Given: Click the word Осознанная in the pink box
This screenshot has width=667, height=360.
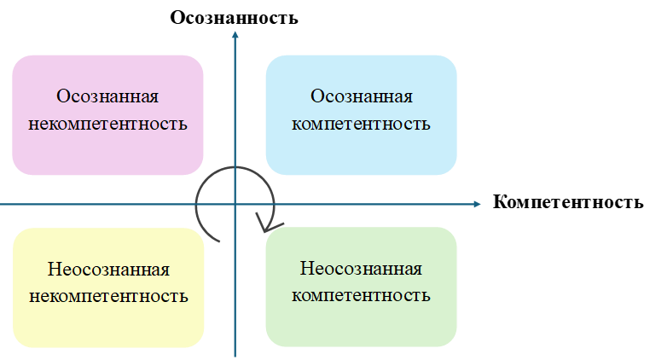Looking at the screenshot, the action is [x=107, y=96].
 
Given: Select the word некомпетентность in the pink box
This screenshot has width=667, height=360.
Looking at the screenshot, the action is [x=107, y=124].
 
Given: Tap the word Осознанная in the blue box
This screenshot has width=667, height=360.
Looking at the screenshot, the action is [x=362, y=96].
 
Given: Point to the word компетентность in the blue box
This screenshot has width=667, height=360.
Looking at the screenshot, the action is [x=362, y=124].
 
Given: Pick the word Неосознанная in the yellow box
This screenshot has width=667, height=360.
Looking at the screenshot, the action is [x=108, y=270].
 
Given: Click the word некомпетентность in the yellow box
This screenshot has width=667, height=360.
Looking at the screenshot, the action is [x=108, y=297].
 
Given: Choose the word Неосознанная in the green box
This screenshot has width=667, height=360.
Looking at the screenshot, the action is [x=362, y=270].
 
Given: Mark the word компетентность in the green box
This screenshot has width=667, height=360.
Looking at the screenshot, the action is [x=362, y=297].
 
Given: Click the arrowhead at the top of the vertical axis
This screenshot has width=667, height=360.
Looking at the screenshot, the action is [x=235, y=35].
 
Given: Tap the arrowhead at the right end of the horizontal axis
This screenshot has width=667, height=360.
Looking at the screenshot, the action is [x=478, y=204].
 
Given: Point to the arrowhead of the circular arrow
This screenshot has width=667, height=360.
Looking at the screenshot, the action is [x=268, y=225].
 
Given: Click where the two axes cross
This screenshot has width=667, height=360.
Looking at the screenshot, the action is [x=235, y=204].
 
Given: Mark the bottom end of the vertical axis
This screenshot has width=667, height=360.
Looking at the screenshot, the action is [x=235, y=355].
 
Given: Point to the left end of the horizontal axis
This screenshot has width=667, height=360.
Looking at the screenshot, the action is [x=3, y=204].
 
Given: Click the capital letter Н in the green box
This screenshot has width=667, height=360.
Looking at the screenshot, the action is [x=306, y=270].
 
